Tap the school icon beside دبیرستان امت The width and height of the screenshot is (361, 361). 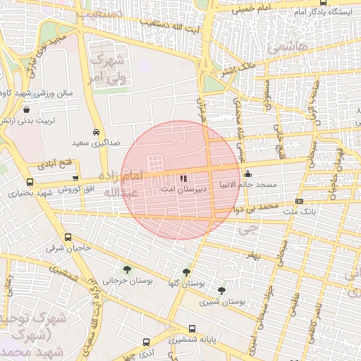click(185, 179)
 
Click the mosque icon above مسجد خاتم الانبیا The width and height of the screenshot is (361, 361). click(247, 174)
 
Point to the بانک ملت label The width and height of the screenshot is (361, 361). click(317, 212)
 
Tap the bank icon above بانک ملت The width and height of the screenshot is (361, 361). click(299, 202)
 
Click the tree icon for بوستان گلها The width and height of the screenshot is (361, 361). click(186, 272)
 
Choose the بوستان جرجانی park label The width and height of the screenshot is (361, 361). click(128, 280)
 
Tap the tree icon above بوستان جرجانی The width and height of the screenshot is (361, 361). click(127, 269)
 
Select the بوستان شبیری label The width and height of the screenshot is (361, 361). click(227, 301)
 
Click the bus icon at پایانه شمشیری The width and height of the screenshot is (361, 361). click(192, 329)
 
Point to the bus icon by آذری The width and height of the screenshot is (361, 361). click(145, 341)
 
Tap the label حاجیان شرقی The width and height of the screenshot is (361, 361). click(65, 248)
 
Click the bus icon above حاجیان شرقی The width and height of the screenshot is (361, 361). click(68, 238)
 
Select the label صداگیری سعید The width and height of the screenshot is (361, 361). click(96, 143)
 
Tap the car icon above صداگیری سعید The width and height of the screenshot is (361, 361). click(96, 132)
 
